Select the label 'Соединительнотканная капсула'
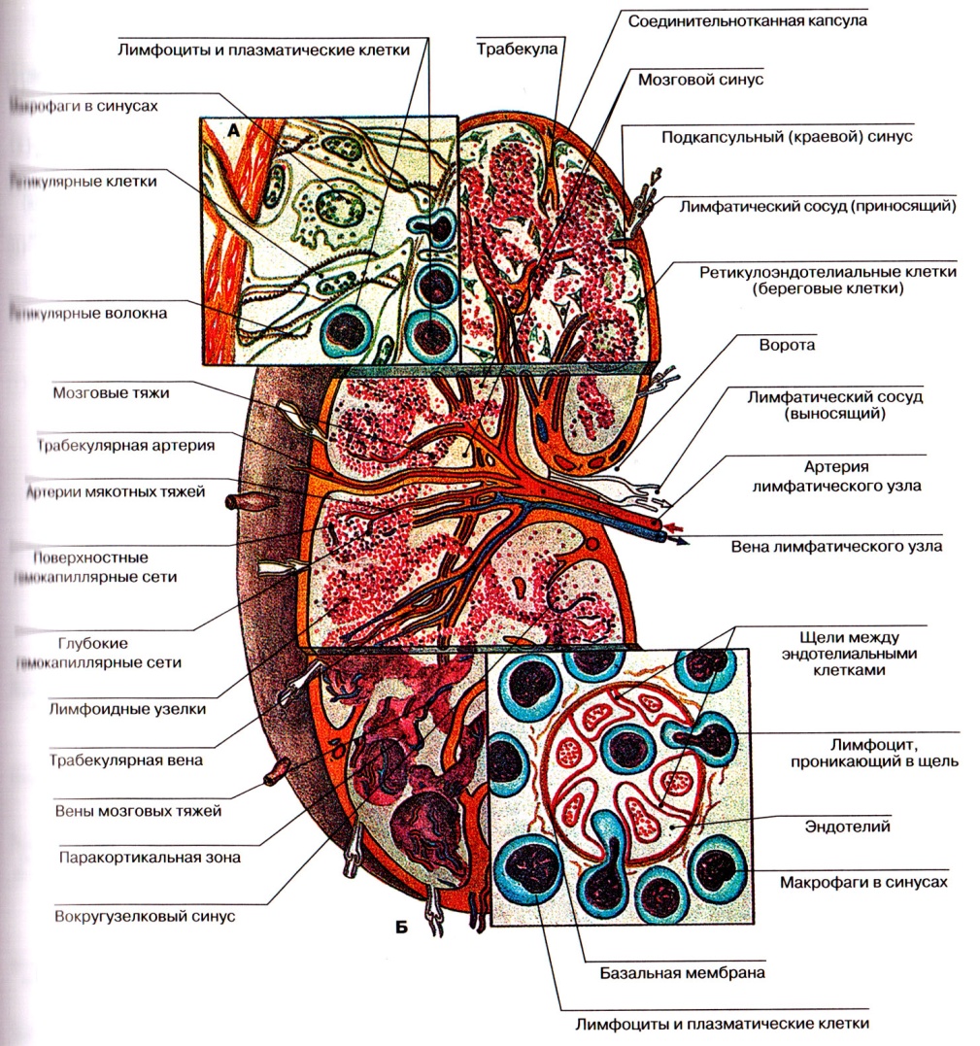747,18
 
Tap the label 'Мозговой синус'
700,80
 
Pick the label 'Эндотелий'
862,827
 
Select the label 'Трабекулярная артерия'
126,446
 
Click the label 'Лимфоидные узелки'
127,709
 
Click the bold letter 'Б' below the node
401,927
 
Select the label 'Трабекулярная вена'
126,759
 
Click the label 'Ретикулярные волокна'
87,313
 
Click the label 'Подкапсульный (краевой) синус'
788,138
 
